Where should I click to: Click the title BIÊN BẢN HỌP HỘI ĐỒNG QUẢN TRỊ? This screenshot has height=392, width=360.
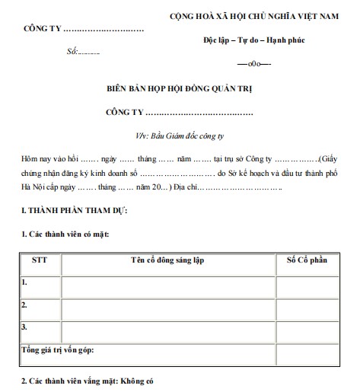tap(179, 88)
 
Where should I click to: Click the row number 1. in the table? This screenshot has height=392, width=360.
tap(25, 282)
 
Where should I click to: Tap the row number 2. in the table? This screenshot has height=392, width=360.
tap(25, 305)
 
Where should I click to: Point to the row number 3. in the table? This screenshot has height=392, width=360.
tap(25, 328)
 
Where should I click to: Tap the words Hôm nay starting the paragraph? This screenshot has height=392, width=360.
tap(37, 159)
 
